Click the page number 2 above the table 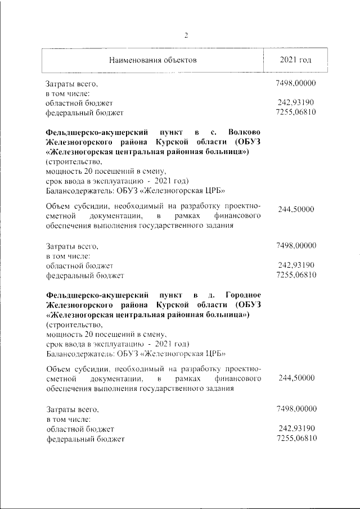tap(186, 35)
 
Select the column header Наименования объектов tap(153, 60)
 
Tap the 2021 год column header tap(296, 60)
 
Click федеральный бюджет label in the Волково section tap(84, 276)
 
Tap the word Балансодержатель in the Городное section tap(79, 353)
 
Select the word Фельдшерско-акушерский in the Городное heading tap(97, 295)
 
